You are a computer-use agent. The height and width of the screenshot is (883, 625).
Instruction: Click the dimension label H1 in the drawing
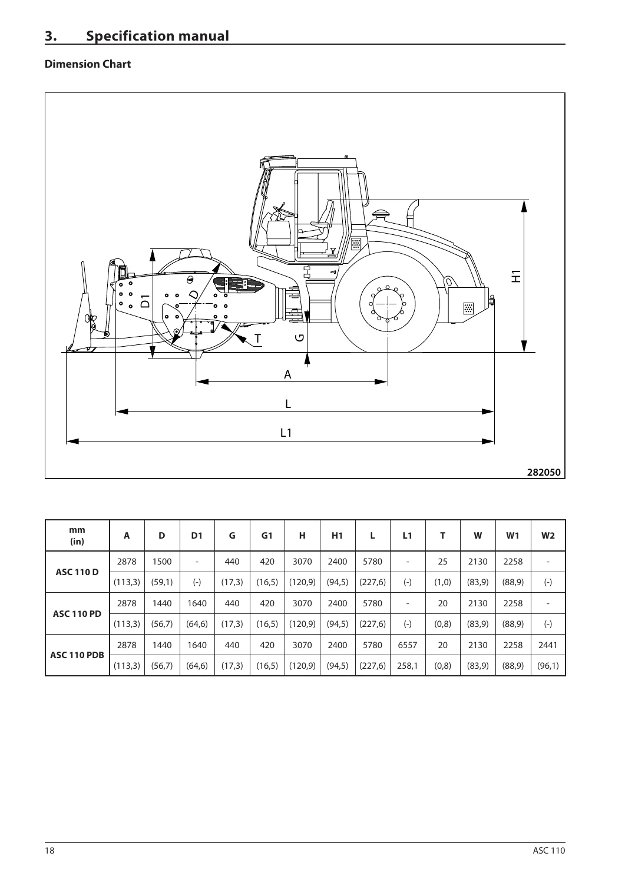tap(516, 276)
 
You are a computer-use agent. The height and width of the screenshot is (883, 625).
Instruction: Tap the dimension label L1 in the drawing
tap(286, 433)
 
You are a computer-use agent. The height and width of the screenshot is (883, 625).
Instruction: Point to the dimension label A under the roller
tap(287, 374)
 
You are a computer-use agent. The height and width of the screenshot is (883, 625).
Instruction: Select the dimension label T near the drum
tap(257, 338)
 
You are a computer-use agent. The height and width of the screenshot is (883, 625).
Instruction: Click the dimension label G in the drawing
tap(300, 338)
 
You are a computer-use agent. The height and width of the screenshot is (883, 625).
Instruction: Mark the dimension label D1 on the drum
tap(145, 301)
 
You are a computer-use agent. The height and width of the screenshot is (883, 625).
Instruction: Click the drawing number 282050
tap(544, 472)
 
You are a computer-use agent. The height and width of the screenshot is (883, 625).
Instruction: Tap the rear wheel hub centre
tap(388, 304)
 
